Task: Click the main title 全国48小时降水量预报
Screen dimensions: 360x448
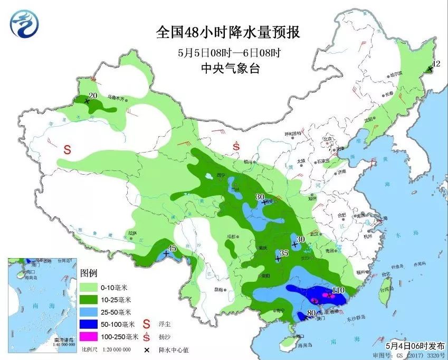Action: click(x=228, y=32)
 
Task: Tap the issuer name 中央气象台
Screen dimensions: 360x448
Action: click(x=228, y=68)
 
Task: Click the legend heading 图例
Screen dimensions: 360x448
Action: click(x=89, y=273)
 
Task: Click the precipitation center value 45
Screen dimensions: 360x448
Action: click(x=171, y=248)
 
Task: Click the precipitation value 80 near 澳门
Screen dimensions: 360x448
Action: click(x=311, y=313)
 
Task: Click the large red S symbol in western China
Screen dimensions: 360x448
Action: click(x=68, y=149)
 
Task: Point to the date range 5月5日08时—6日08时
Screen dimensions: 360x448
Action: click(x=228, y=52)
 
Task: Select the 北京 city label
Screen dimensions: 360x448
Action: click(x=328, y=139)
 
